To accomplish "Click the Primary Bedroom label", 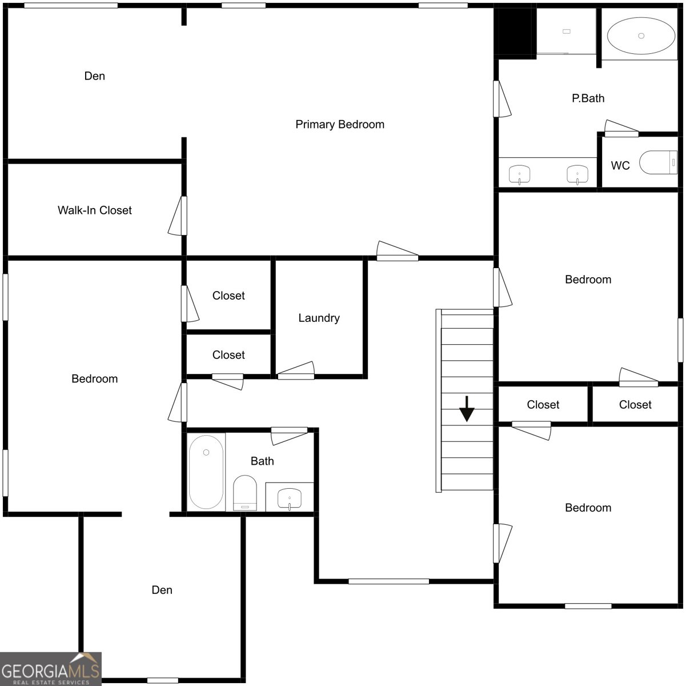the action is click(x=340, y=125).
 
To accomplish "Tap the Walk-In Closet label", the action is click(x=95, y=210).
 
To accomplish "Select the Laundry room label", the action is click(x=319, y=318).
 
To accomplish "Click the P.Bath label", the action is click(x=588, y=98).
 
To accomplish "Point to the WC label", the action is click(x=620, y=165).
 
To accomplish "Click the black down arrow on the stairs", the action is click(x=466, y=409).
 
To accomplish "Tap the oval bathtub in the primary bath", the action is click(x=641, y=36).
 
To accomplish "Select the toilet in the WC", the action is click(x=658, y=162).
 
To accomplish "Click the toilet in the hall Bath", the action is click(x=245, y=493).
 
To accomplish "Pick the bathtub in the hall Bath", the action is click(x=206, y=472).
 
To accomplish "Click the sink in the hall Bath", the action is click(x=290, y=498).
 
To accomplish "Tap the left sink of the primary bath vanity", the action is click(x=519, y=174).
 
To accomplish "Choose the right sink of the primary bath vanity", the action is click(x=577, y=174).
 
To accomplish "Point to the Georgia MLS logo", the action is click(x=51, y=669).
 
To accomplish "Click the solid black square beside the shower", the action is click(x=515, y=32).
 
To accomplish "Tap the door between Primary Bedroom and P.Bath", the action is click(x=502, y=99).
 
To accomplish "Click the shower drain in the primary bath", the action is click(x=567, y=31).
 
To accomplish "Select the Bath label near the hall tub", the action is click(x=262, y=461).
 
